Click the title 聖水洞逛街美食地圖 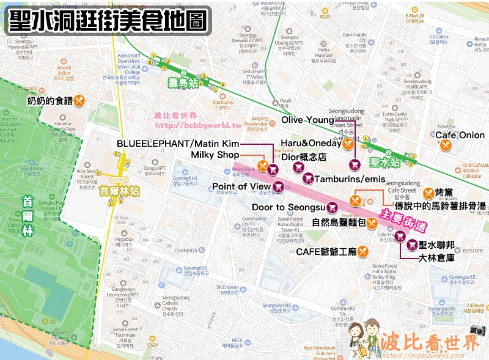coord(106,20)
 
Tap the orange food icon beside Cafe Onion coord(446,145)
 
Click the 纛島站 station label coord(183,83)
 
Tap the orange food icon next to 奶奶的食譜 coord(79,101)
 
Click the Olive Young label coord(307,120)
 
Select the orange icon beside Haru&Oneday coord(347,144)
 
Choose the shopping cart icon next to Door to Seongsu coord(333,207)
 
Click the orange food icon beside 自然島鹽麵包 coord(372,222)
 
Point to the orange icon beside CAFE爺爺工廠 coord(364,251)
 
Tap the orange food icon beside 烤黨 coord(428,193)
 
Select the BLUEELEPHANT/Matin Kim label coord(177,143)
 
